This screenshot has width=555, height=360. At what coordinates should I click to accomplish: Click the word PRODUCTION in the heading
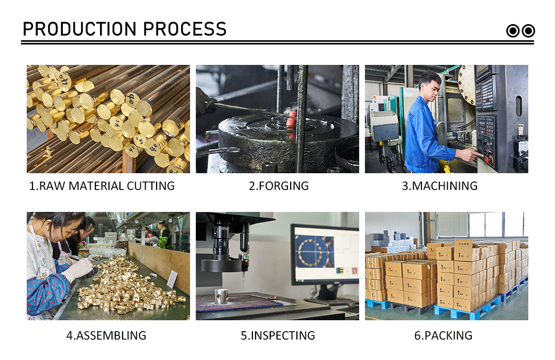tap(79, 29)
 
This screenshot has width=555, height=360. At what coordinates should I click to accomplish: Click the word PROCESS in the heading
tap(185, 29)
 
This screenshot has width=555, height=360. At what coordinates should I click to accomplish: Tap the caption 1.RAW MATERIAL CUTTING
tap(102, 186)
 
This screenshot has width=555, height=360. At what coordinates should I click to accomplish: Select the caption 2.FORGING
tap(279, 186)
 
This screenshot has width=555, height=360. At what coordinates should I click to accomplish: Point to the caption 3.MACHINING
tap(440, 186)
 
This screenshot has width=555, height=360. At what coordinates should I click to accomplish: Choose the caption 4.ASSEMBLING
tap(106, 335)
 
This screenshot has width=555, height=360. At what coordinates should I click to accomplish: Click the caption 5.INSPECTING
tap(278, 335)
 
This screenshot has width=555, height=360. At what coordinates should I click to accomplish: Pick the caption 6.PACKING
tap(443, 335)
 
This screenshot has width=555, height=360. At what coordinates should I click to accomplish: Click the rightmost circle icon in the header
tap(528, 31)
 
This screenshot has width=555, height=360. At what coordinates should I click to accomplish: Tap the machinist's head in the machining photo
tap(430, 85)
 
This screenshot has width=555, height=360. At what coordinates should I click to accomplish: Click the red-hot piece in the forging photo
tap(291, 118)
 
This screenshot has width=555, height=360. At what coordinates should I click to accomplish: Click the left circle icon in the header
tap(513, 31)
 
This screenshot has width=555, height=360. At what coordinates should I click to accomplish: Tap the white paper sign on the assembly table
tap(172, 279)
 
